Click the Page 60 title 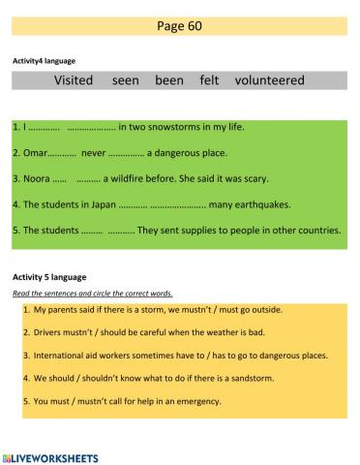click(x=179, y=25)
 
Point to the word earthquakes click(x=256, y=204)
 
